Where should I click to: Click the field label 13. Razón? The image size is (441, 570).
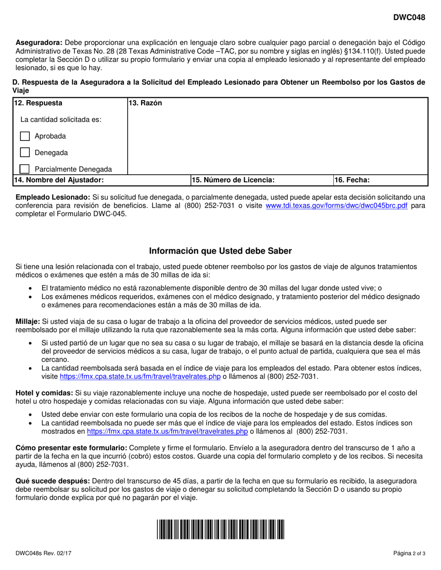pos(146,103)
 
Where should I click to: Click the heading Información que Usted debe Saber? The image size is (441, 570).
pos(220,251)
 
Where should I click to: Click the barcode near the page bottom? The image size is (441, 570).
pos(220,529)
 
